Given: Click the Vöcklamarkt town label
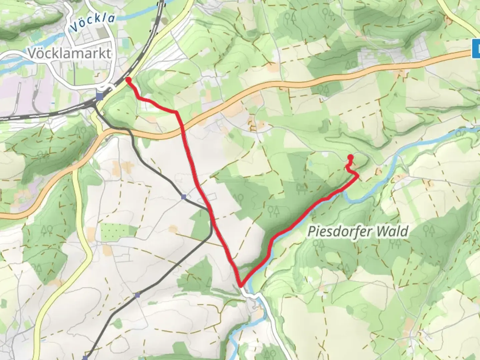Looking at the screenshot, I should tap(69, 54).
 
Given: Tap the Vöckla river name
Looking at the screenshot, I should tap(93, 23).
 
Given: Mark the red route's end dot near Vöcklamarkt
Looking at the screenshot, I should tap(128, 79).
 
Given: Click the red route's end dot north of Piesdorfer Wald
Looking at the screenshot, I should tap(350, 157).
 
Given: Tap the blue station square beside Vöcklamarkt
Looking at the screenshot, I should tap(99, 96).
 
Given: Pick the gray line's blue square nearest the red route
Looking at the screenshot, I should tap(184, 197).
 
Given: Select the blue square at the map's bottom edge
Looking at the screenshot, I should tap(85, 358).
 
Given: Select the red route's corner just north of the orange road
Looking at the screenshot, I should tap(176, 112).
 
